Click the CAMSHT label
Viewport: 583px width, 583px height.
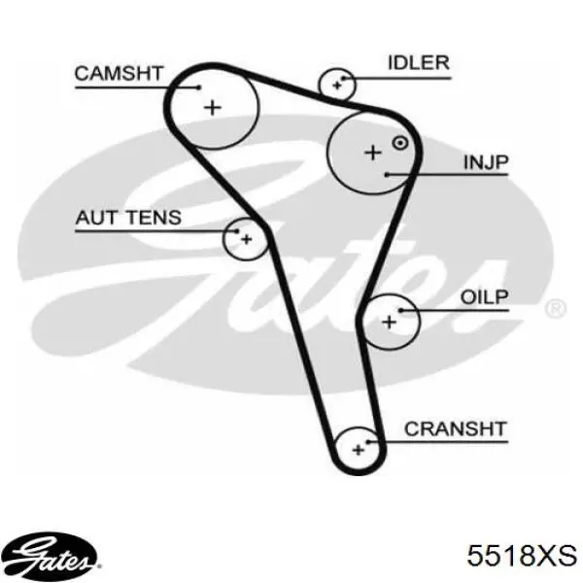point(119,73)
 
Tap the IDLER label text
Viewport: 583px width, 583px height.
point(419,63)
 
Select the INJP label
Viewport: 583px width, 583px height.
point(486,162)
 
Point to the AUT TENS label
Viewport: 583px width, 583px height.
point(128,218)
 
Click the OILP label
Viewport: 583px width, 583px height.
point(484,297)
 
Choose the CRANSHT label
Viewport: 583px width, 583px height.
point(456,429)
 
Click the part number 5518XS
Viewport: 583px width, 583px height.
point(522,556)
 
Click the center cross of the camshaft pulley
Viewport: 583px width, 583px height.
point(213,108)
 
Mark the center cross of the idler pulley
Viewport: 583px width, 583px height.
point(337,86)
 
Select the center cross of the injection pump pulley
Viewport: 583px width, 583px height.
point(373,153)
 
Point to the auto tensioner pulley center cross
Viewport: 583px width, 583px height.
point(246,239)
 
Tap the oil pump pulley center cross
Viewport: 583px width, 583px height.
point(390,322)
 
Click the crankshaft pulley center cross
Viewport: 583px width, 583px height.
point(358,450)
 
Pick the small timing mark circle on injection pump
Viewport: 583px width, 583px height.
point(400,143)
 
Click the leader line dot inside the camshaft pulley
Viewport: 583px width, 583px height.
point(199,87)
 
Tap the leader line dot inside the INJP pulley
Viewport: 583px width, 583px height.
point(387,174)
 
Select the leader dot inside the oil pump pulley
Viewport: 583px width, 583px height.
point(400,310)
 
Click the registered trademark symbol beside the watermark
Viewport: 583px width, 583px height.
point(556,308)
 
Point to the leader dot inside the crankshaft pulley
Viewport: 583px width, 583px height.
point(367,442)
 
